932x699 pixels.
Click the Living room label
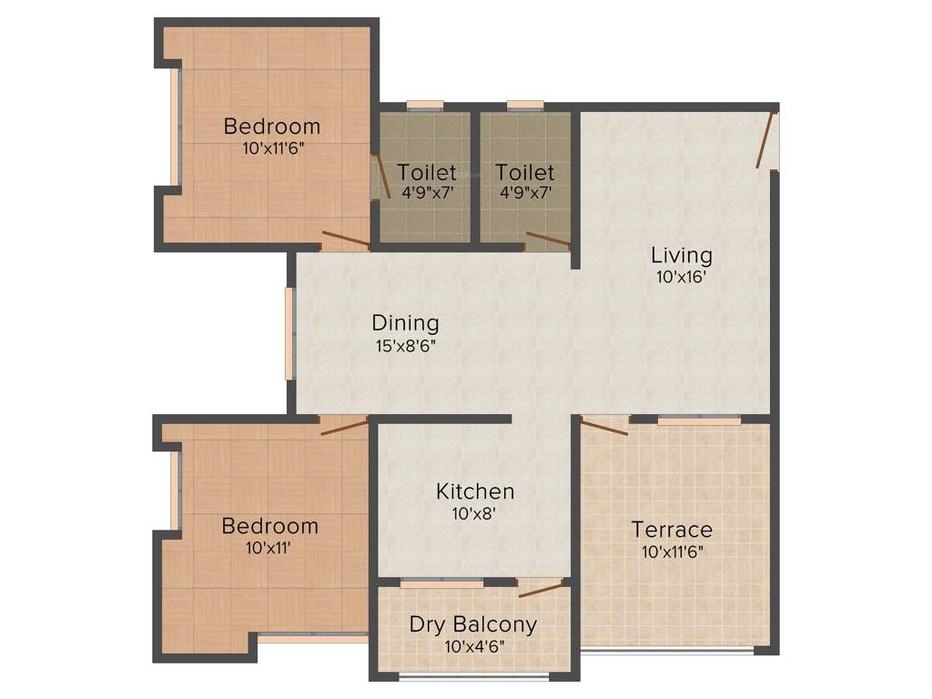click(x=681, y=255)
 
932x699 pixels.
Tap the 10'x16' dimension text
click(x=681, y=278)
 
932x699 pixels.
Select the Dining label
click(x=405, y=323)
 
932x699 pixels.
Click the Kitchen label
click(x=475, y=491)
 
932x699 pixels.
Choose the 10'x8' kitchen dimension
click(x=475, y=513)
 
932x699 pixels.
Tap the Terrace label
click(x=672, y=530)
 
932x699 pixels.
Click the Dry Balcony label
click(x=472, y=625)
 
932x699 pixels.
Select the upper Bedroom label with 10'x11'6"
click(x=272, y=127)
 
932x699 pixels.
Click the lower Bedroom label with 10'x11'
click(x=270, y=526)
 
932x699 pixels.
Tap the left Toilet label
click(x=427, y=172)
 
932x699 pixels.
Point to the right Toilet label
click(x=524, y=172)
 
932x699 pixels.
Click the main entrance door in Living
click(x=766, y=139)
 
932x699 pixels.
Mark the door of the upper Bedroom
click(x=346, y=241)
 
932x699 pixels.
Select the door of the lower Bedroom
click(x=344, y=427)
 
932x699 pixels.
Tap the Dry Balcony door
click(x=541, y=588)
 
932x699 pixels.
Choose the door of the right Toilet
click(x=548, y=240)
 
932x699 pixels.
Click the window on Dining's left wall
click(x=289, y=333)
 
